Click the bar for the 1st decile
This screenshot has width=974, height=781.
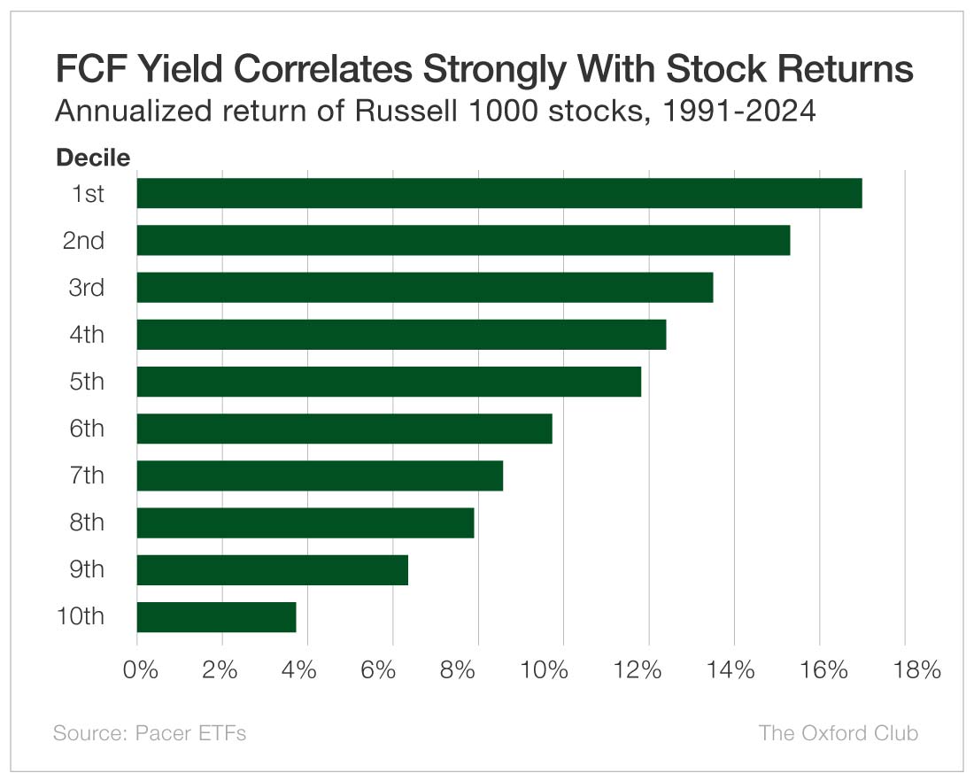click(x=499, y=193)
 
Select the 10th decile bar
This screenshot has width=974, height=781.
click(x=216, y=616)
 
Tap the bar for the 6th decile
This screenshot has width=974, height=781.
click(x=344, y=429)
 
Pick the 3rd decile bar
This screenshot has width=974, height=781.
click(x=424, y=287)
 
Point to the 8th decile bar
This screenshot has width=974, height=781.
click(x=305, y=522)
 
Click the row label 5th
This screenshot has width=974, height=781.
click(x=87, y=382)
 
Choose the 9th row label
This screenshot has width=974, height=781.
click(x=87, y=569)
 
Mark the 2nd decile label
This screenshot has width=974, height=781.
click(x=84, y=240)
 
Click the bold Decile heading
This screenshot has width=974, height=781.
click(x=93, y=159)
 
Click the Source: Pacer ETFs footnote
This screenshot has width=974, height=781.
click(x=150, y=733)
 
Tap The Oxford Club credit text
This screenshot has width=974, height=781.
click(x=838, y=733)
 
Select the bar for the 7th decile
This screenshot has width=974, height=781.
click(x=320, y=476)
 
